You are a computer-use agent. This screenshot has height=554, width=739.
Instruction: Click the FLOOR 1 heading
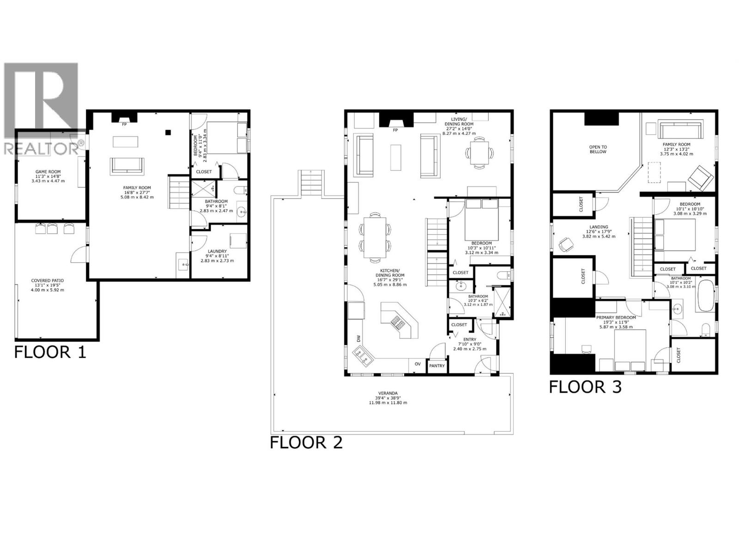[50, 352]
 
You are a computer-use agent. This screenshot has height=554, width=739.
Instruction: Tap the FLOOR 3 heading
[585, 387]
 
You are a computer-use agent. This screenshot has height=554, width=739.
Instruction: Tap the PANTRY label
[437, 366]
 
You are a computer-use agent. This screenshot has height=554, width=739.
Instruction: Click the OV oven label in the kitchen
[418, 364]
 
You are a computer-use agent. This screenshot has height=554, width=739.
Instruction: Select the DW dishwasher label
[357, 338]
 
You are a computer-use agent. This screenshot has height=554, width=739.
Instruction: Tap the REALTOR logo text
[42, 148]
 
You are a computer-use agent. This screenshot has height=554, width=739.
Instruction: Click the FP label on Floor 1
[124, 124]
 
